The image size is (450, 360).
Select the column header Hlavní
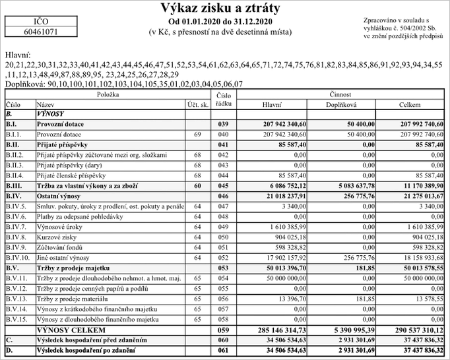(x=272, y=104)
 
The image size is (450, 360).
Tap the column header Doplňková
(x=341, y=104)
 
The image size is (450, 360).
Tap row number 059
(x=223, y=330)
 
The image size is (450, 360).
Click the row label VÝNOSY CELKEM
(x=71, y=330)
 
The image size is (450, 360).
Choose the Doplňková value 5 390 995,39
(x=350, y=330)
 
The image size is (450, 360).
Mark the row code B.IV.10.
(x=18, y=258)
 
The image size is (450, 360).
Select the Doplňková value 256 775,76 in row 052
(x=355, y=258)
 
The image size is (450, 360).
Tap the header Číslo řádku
(x=223, y=99)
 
